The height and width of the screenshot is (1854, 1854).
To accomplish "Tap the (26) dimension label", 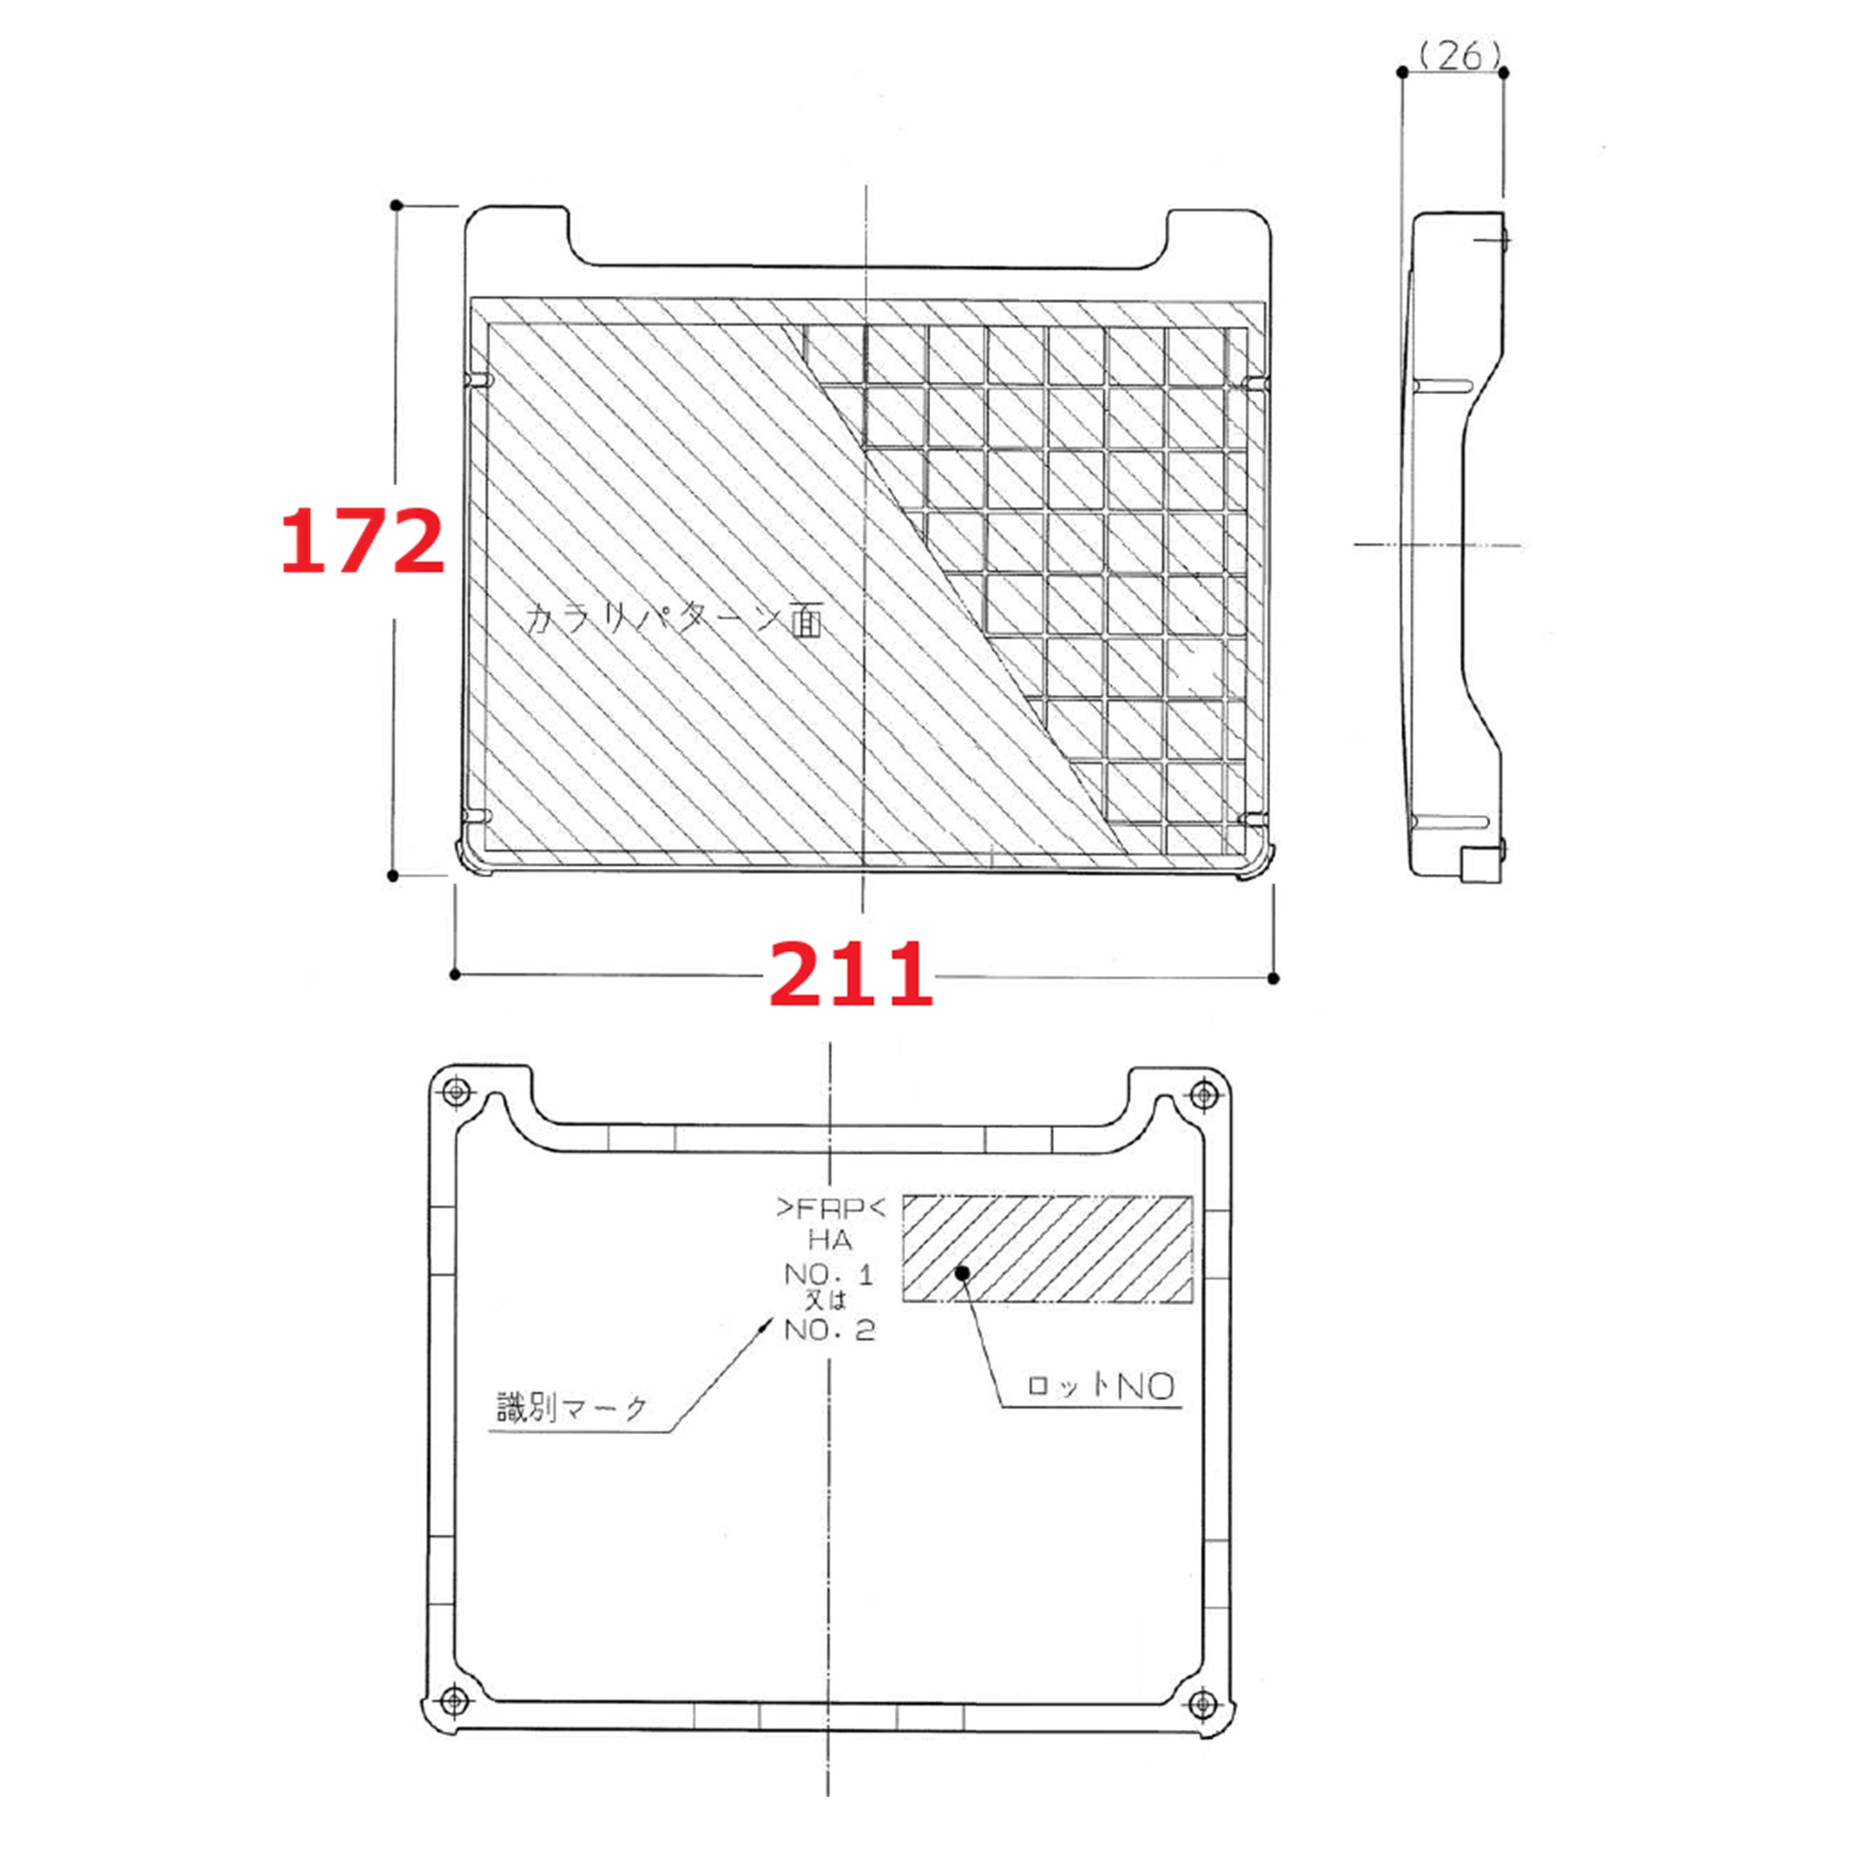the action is pos(1458,56).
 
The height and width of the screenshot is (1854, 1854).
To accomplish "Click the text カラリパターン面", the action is pos(674,620).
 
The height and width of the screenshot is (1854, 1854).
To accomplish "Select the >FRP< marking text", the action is pos(831,1207).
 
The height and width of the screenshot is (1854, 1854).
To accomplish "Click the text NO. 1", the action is pos(829,1274).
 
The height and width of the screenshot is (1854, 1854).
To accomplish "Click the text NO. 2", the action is pos(830,1331).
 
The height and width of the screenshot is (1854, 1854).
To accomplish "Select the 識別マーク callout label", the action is pos(572,1408).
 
